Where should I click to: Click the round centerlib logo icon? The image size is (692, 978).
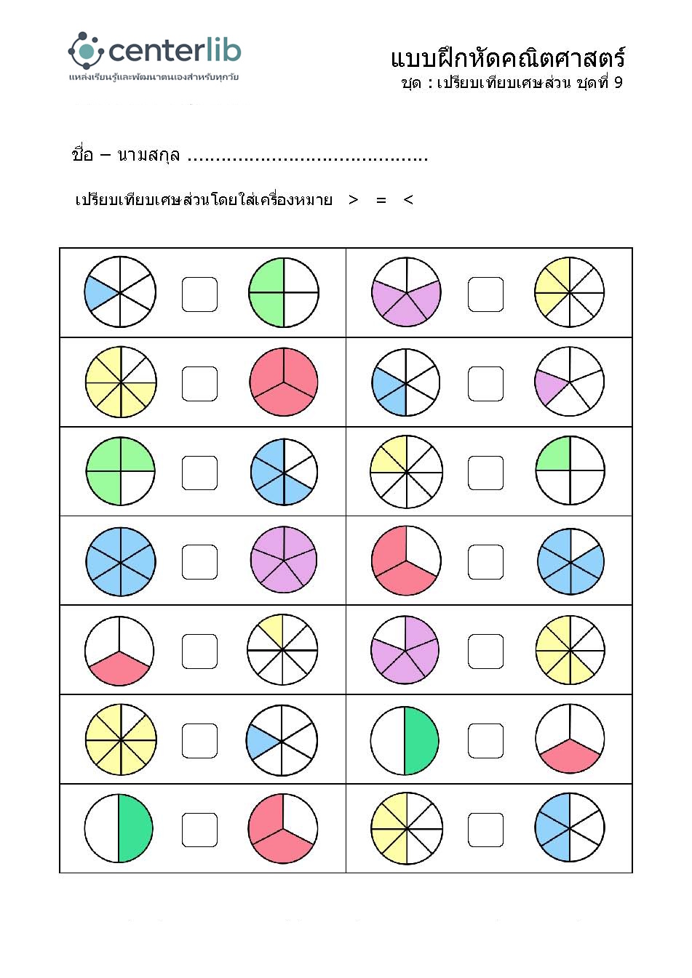coord(86,50)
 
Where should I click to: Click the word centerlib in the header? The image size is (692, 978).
coord(175,50)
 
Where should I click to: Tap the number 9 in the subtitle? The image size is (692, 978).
coord(618,82)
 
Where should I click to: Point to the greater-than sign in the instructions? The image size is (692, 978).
coord(354,200)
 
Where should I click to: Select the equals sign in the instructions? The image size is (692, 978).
coord(381,200)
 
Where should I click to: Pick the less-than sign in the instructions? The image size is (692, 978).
coord(408,200)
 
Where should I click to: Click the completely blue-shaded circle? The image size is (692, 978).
coord(121,561)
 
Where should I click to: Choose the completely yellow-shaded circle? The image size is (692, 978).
coord(121,739)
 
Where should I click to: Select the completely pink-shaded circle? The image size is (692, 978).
coord(284,382)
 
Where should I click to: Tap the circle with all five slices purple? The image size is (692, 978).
coord(284,560)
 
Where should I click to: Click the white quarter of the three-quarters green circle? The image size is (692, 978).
coord(137,488)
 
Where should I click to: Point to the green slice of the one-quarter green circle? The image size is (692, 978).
coord(554,455)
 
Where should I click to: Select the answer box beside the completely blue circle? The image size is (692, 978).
coord(199,562)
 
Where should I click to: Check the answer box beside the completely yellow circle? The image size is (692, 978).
coord(199,740)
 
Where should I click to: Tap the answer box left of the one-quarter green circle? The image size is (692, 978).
coord(485,473)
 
